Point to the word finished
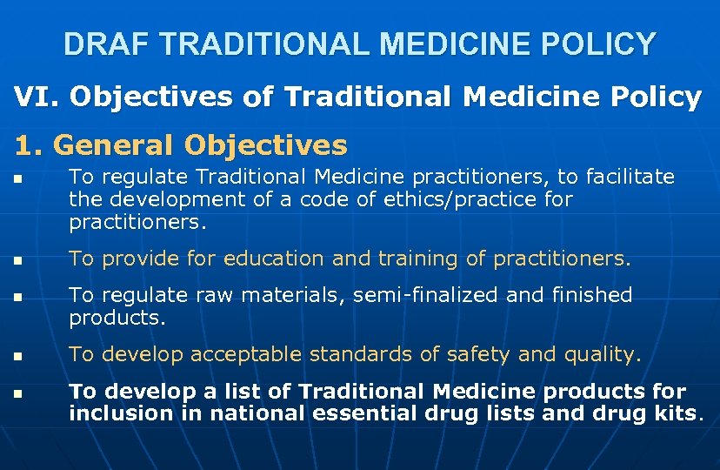592,296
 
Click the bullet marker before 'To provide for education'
19,260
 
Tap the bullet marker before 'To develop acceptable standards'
19,356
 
